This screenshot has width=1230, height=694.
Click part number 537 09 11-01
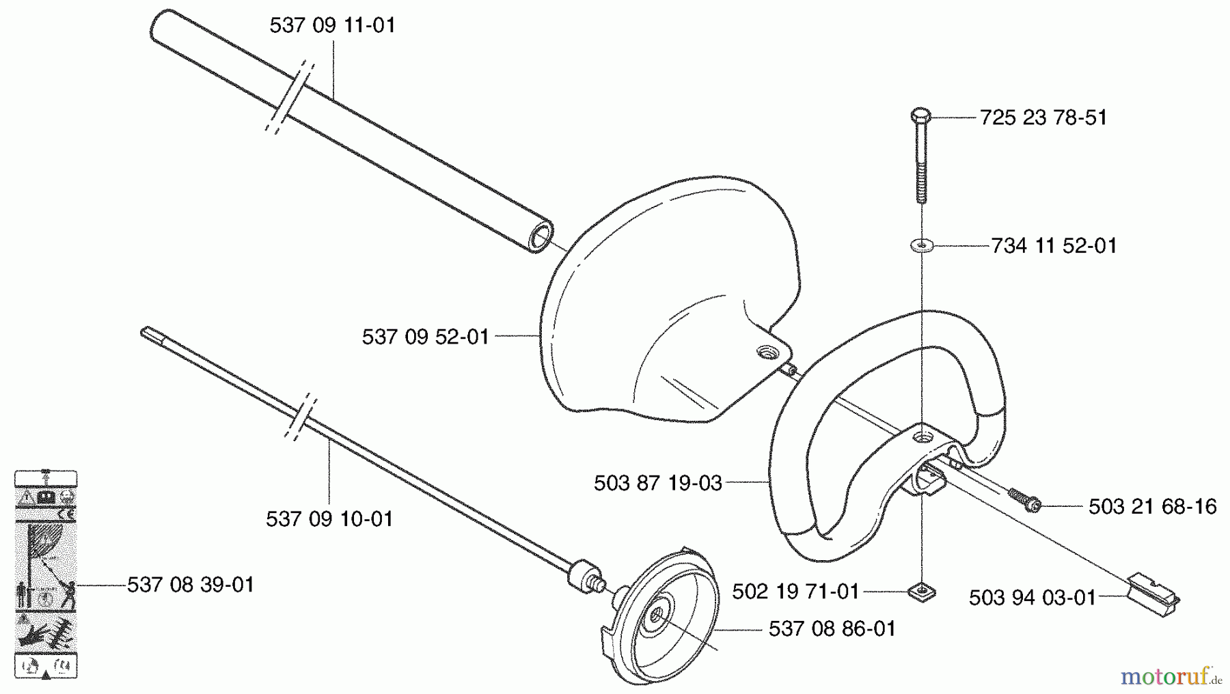pos(332,26)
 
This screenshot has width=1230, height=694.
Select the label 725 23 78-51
pos(1043,117)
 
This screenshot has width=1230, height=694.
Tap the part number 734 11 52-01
pos(1054,246)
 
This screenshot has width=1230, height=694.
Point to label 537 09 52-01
pos(425,337)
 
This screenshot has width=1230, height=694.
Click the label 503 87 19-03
pos(657,484)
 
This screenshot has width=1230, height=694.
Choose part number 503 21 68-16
pos(1152,507)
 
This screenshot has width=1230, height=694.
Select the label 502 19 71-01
pos(795,592)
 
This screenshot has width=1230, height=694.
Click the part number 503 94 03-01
pos(1032,598)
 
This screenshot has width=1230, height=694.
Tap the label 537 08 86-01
pos(832,629)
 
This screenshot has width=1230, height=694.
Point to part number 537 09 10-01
pos(329,519)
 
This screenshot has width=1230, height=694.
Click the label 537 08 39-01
pos(191,585)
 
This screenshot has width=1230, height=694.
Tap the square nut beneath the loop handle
pos(922,591)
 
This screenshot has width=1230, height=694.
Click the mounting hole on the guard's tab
pos(766,353)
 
